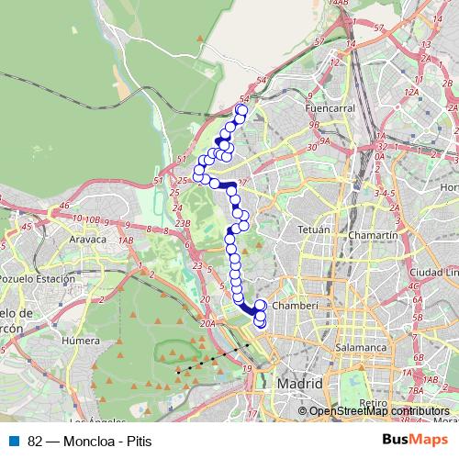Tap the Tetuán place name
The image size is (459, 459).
pos(313,229)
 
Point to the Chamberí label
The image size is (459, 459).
pos(296,305)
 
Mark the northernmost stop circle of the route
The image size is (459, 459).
pos(241,111)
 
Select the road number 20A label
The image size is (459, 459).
pos(208,323)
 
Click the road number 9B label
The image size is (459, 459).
pos(314,126)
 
